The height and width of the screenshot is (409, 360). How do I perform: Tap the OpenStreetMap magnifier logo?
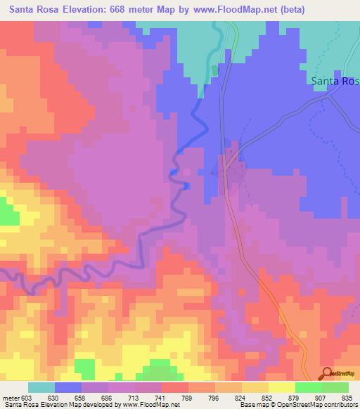tap(326, 373)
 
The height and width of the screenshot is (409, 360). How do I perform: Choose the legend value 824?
tap(241, 397)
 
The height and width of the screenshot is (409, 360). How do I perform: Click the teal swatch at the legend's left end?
tap(41, 387)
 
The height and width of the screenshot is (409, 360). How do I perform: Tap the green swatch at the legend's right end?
tap(335, 387)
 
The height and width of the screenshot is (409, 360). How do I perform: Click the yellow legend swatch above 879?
tap(281, 387)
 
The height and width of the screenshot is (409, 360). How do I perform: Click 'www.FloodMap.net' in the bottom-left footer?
tap(145, 405)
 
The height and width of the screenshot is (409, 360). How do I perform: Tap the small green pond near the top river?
tap(213, 71)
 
